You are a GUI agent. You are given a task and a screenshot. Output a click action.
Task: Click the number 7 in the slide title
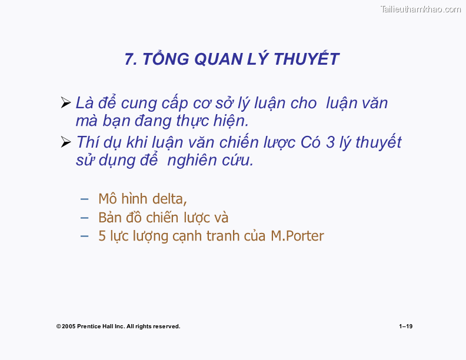coord(129,59)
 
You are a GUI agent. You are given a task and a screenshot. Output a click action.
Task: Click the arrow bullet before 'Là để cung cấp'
coord(66,104)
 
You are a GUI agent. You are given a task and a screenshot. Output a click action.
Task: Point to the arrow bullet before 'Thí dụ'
coord(66,142)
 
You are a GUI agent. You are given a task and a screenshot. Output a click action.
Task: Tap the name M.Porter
coord(297,236)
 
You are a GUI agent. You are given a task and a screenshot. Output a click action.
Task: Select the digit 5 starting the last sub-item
coord(102,236)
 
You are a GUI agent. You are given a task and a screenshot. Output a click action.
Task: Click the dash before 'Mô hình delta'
coord(85,199)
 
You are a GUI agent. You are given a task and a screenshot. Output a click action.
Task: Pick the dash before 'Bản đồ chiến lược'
coord(85,218)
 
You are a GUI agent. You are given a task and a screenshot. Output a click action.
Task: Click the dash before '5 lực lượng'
coord(85,236)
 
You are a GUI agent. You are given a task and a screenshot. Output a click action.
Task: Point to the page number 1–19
coord(405,326)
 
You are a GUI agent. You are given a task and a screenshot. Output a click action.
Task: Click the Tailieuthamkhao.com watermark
coord(420,9)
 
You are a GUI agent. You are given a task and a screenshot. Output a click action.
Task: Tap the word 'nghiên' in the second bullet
coord(191,160)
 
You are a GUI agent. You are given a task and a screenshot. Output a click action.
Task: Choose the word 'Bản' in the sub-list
coord(109,218)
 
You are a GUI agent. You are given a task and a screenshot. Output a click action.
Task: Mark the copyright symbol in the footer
coord(58,326)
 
